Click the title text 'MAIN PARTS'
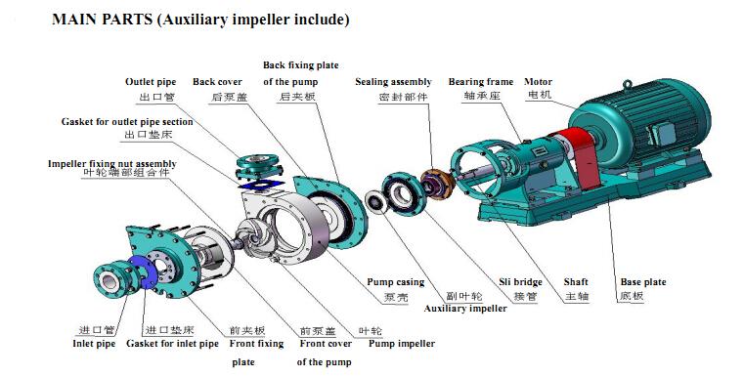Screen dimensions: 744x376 102,20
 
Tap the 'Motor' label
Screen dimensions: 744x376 538,82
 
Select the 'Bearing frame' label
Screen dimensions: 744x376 481,82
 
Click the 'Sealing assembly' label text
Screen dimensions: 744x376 393,82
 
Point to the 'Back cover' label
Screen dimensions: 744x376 217,82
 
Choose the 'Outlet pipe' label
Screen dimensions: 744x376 151,82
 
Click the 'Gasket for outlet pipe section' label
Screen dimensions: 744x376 127,122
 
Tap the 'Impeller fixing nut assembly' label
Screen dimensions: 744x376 112,163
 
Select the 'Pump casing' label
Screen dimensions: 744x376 395,282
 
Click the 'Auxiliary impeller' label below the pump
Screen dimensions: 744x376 465,309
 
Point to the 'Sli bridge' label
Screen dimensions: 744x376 520,282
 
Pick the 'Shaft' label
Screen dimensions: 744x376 576,282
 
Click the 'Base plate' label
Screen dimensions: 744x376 643,282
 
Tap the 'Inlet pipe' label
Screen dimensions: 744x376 94,344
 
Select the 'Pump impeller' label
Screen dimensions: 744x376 402,344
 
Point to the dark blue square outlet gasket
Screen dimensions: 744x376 260,185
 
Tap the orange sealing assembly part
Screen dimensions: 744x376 437,185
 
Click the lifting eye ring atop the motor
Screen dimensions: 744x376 628,85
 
